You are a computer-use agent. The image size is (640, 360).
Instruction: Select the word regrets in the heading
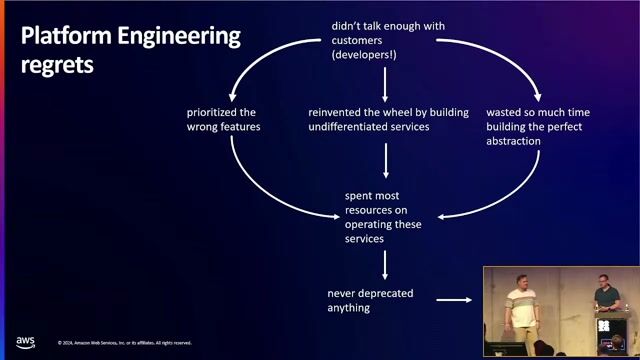pos(57,65)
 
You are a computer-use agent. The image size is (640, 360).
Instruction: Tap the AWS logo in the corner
pos(25,342)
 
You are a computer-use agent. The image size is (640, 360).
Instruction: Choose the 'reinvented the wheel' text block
pos(387,119)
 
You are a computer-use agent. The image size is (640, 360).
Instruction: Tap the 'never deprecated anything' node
pos(370,300)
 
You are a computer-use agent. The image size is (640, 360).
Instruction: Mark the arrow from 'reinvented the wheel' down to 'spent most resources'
pos(386,160)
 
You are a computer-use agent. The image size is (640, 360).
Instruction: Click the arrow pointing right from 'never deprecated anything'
pos(455,299)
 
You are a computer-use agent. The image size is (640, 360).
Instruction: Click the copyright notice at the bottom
pos(124,343)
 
